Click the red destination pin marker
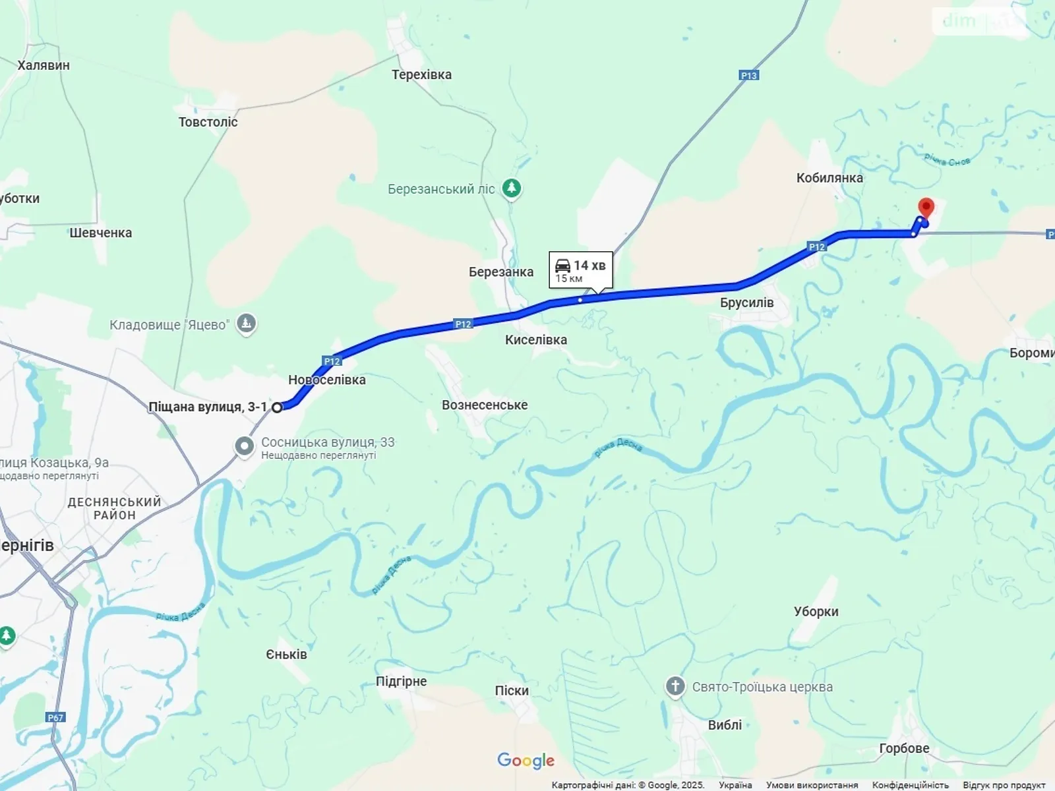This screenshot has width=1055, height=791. click(x=926, y=208)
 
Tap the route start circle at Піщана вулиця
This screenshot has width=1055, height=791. click(x=278, y=407)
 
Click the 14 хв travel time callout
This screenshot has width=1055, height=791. click(x=581, y=270)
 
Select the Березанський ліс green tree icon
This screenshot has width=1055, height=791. click(x=511, y=189)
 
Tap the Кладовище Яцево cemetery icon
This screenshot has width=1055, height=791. click(x=246, y=324)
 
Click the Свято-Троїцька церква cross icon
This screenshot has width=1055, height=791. click(x=675, y=686)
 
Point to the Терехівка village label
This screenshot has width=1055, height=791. click(x=421, y=74)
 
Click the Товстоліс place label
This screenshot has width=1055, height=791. click(x=208, y=122)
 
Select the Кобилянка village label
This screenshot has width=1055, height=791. click(x=829, y=177)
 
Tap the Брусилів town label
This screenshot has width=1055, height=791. click(x=746, y=303)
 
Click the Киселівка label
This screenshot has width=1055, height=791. click(x=535, y=339)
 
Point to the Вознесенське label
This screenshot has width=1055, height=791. click(x=485, y=405)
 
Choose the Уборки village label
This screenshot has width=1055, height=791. click(x=816, y=611)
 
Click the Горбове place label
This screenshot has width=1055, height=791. click(x=904, y=748)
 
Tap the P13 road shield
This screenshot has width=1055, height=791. click(x=749, y=76)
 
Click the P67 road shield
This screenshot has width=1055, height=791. click(x=55, y=717)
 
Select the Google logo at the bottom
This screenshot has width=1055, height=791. click(x=526, y=760)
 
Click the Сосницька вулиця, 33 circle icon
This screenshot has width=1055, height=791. click(x=245, y=446)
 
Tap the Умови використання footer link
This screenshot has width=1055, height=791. click(x=812, y=785)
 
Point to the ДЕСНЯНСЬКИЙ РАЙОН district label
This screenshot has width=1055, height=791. click(x=114, y=508)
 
